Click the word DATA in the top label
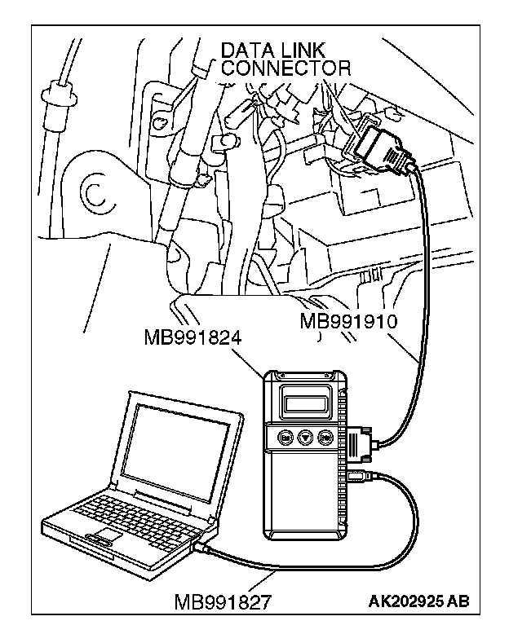(x=244, y=51)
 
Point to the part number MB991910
(x=348, y=320)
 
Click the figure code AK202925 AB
(x=418, y=602)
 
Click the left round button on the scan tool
(x=286, y=437)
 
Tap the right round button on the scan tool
(x=325, y=437)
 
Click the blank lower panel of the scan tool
(x=305, y=497)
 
